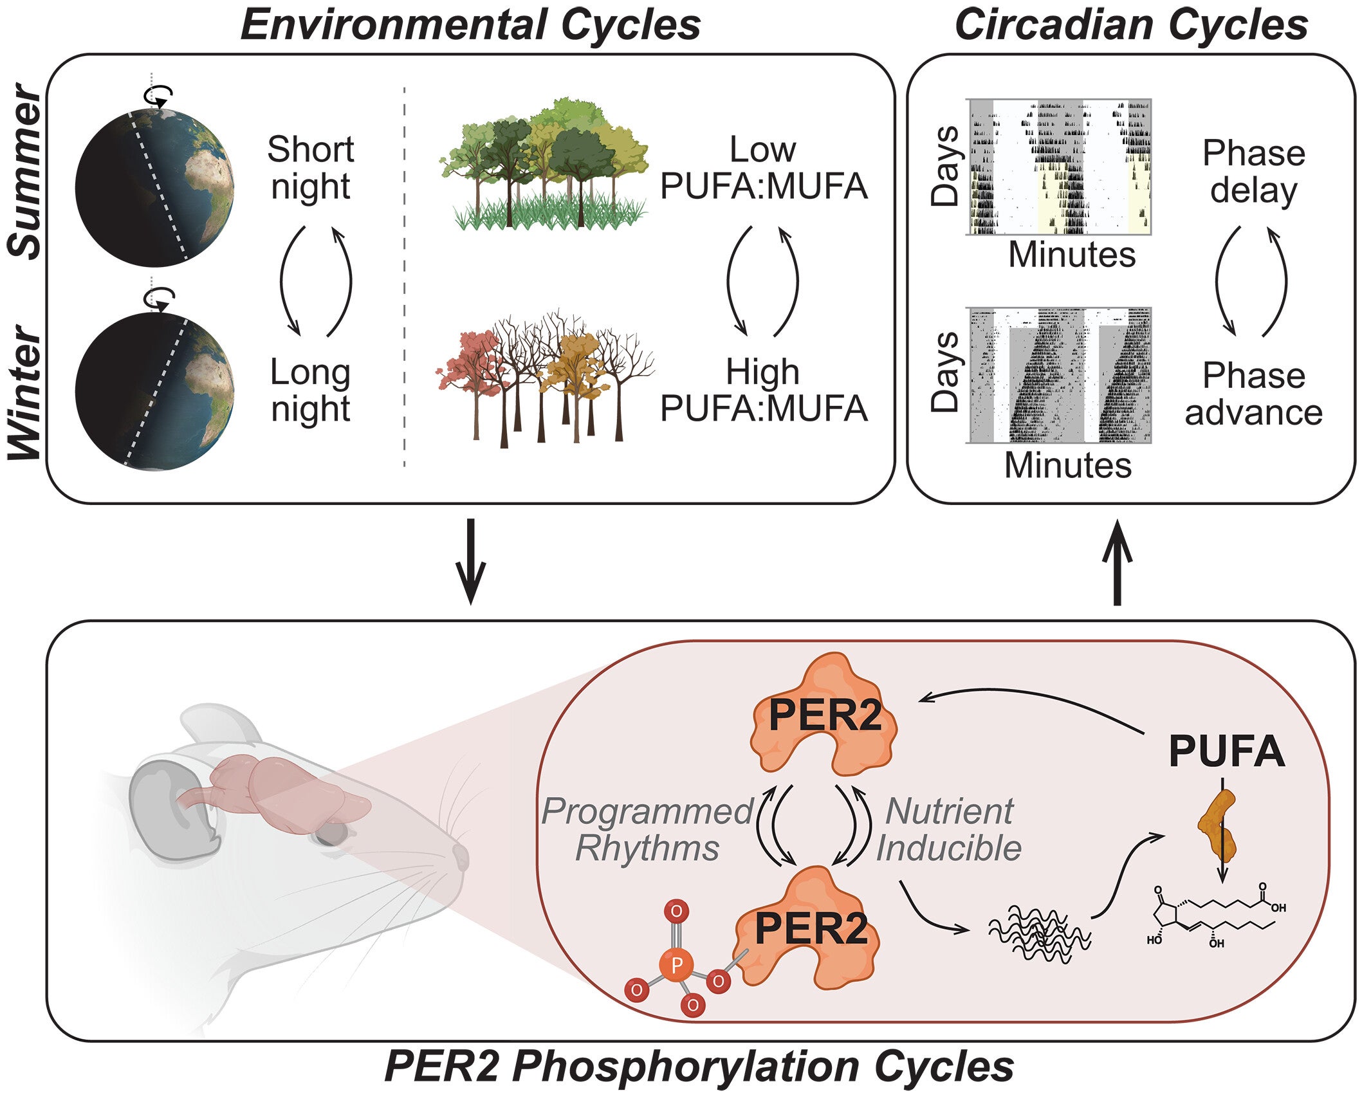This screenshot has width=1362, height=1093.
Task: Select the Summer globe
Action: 154,188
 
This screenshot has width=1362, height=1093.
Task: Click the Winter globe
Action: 154,391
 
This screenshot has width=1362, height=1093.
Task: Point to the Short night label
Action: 310,168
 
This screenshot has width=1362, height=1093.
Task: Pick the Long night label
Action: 310,390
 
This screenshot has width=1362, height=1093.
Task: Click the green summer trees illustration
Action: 544,164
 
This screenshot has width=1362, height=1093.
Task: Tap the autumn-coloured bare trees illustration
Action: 544,380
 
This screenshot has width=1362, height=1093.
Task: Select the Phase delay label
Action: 1253,172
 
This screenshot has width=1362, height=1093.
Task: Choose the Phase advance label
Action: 1253,394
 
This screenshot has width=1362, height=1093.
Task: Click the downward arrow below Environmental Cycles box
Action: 470,561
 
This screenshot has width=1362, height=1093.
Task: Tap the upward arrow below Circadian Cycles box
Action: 1117,564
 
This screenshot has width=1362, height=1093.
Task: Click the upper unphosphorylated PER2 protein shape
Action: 824,714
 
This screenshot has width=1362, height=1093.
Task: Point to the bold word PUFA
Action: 1226,751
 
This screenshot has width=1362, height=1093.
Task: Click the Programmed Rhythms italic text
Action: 647,830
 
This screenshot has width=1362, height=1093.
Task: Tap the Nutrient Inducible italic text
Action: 949,830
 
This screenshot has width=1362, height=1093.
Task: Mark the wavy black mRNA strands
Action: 1039,933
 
